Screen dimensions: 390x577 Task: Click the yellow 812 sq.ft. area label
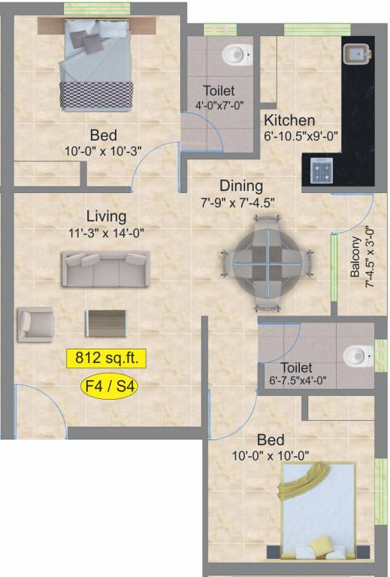click(x=107, y=358)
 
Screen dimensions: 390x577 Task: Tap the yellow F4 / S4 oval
click(x=109, y=386)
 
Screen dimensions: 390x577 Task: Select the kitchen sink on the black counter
click(x=356, y=53)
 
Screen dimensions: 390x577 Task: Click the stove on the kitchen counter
click(x=322, y=171)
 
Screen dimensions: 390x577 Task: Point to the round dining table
click(x=268, y=264)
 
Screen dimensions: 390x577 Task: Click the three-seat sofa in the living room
click(x=105, y=269)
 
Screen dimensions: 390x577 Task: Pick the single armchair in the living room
click(x=35, y=325)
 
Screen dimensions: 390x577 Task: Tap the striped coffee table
click(x=106, y=324)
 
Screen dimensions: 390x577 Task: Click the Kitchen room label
click(x=289, y=120)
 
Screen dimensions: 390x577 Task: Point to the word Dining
click(x=241, y=186)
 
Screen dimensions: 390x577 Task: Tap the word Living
click(x=107, y=216)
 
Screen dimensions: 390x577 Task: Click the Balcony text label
click(x=355, y=256)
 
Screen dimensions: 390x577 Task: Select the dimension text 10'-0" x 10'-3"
click(x=104, y=151)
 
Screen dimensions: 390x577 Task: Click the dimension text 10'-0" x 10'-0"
click(x=271, y=456)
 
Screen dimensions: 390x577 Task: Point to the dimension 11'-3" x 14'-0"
click(x=106, y=233)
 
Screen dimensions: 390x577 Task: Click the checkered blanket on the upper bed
click(x=96, y=95)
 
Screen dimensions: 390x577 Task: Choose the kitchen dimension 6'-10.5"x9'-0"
click(x=301, y=136)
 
